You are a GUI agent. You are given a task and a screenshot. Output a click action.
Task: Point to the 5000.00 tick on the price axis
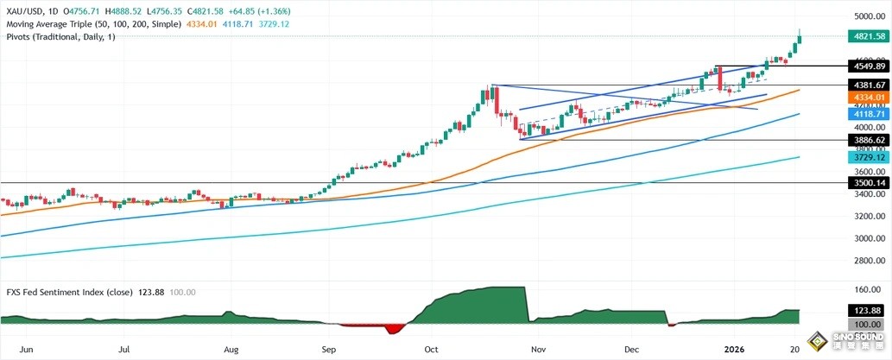tap(864, 16)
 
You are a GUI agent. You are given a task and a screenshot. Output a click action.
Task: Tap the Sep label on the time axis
tap(329, 350)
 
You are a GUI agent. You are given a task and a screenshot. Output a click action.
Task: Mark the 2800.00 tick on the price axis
tap(864, 260)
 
